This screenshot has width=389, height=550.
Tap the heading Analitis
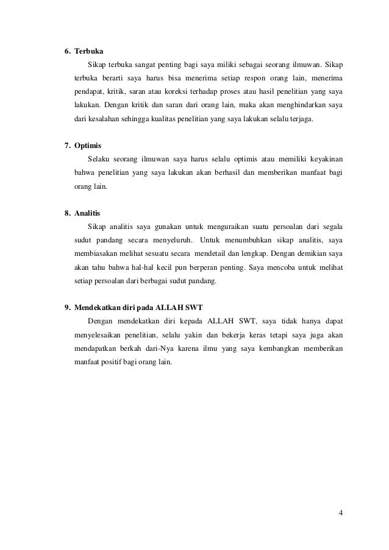click(x=87, y=214)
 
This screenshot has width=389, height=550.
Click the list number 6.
click(x=68, y=50)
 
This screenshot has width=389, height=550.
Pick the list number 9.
click(x=68, y=307)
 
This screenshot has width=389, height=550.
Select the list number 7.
click(x=68, y=146)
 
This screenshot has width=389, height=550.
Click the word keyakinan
click(x=324, y=160)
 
